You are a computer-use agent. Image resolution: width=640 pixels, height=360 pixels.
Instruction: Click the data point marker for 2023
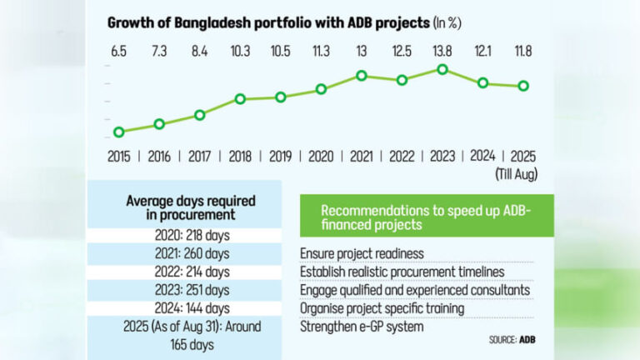pos(442,69)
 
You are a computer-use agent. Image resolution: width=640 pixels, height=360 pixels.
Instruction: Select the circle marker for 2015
pos(119,132)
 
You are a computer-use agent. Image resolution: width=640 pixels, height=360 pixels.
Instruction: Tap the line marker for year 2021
pos(362,76)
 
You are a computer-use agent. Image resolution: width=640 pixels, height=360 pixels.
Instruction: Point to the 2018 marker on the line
pos(240,99)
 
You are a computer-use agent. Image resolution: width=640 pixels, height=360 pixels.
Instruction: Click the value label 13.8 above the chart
pos(442,51)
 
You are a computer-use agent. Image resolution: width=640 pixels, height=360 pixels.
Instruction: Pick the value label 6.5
pos(119,51)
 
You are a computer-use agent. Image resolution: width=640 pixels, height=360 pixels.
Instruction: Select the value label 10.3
pos(240,51)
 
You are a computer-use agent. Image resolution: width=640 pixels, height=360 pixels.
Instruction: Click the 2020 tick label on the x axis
pos(321,156)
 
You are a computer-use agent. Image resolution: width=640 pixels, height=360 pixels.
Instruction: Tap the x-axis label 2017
pos(200,156)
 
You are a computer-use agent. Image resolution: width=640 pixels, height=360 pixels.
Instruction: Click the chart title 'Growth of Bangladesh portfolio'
pos(267,24)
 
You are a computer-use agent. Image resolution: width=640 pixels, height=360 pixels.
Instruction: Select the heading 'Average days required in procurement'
pos(191,207)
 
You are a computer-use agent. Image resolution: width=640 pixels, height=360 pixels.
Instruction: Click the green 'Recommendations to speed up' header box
pos(426,217)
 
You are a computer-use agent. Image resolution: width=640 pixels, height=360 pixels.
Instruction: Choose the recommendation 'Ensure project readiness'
pos(362,253)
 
